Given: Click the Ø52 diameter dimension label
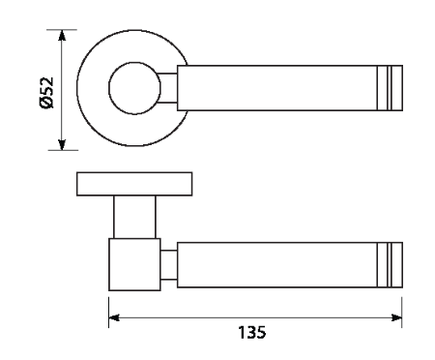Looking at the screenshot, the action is click(46, 93).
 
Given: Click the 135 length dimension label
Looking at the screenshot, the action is click(252, 332).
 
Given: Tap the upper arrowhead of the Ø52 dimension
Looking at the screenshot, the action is click(62, 36).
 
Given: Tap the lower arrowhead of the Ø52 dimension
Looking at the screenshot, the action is click(62, 144).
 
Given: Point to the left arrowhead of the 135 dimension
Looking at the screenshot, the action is click(114, 317).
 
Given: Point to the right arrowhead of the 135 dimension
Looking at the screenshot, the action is click(396, 317).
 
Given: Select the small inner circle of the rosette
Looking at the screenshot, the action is click(134, 88).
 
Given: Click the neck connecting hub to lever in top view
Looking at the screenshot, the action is click(168, 88).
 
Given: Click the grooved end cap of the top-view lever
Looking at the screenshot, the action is click(390, 88).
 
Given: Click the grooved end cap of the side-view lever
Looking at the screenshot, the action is click(390, 265).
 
